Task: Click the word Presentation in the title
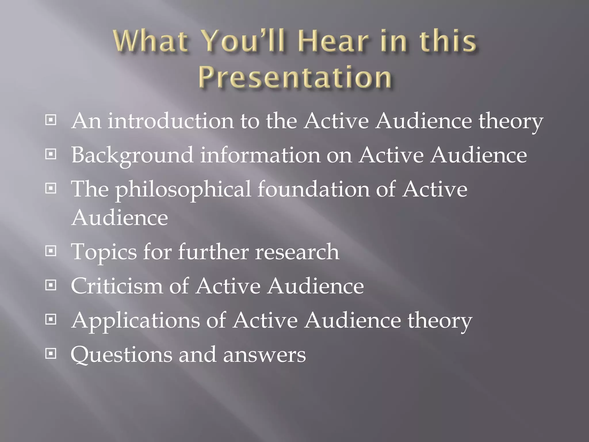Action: coord(295,77)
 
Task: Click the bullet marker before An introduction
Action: coord(51,120)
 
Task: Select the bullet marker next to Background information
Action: coord(51,155)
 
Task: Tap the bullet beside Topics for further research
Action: coord(51,251)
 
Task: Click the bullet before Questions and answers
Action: coord(51,354)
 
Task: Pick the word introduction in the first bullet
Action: coord(171,121)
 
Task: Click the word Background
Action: coord(132,155)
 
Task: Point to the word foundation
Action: coord(313,189)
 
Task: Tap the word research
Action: coord(297,252)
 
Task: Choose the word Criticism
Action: coord(116,286)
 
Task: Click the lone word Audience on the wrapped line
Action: coord(119,218)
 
